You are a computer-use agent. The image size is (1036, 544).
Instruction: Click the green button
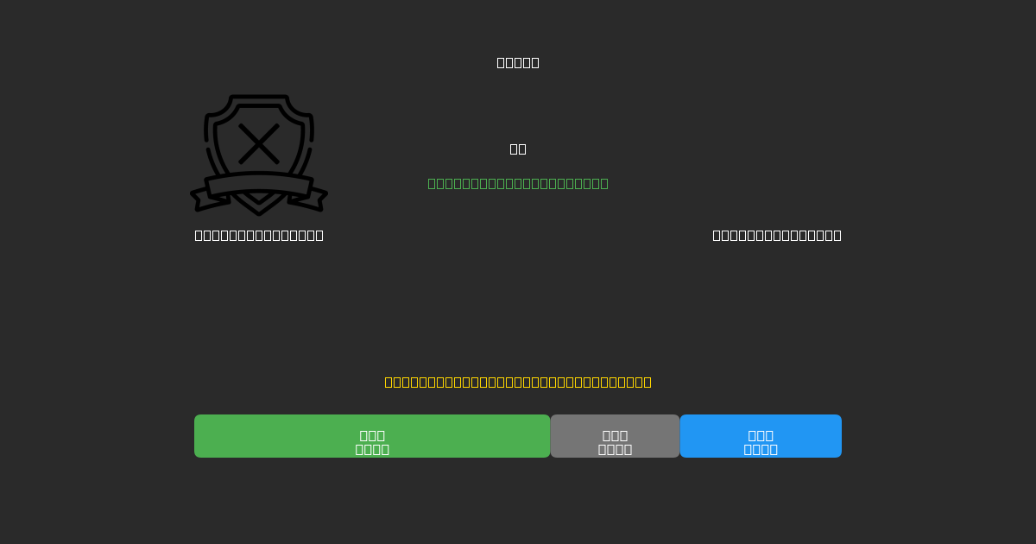click(x=372, y=436)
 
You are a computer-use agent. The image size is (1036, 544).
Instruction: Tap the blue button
click(x=761, y=436)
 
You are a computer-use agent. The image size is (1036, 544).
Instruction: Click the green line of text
click(x=518, y=183)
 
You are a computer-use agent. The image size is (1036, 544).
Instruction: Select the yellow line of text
click(x=518, y=382)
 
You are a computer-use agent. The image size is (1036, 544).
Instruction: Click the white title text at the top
click(x=518, y=62)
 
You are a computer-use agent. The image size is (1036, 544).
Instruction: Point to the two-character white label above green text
click(x=518, y=149)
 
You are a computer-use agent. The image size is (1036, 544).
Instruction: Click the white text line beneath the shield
click(x=259, y=235)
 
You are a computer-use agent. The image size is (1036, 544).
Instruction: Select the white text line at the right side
click(x=777, y=235)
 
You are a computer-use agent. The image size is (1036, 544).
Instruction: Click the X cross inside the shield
click(x=259, y=143)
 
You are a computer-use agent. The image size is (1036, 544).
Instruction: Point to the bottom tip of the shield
click(x=259, y=212)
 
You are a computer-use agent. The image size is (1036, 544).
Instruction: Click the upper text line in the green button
click(x=372, y=435)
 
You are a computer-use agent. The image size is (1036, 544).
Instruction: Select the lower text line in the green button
click(x=372, y=449)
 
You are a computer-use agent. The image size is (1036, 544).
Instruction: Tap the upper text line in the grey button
click(x=615, y=435)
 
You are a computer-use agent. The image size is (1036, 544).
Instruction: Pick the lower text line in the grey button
click(x=615, y=449)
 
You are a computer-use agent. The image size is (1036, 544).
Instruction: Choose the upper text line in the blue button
click(x=761, y=435)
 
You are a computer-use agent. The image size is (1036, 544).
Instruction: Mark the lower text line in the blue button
click(x=761, y=449)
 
